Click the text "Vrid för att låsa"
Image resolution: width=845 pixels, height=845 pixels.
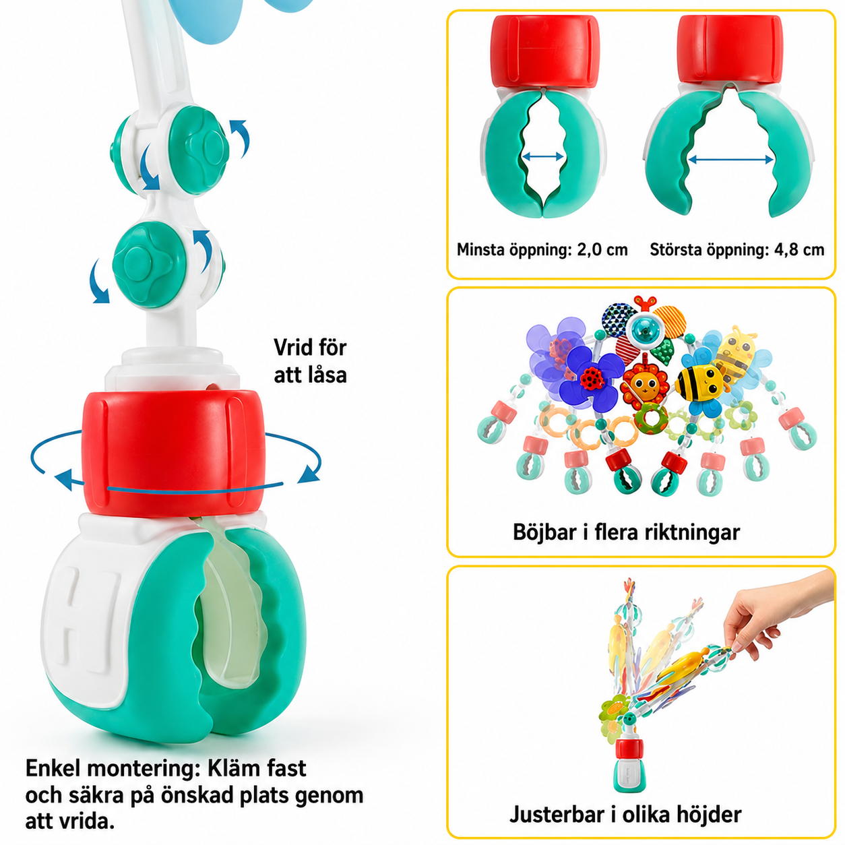[310, 361]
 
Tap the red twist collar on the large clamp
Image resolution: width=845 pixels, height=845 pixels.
[174, 453]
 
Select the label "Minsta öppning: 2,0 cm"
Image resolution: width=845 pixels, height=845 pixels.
[542, 250]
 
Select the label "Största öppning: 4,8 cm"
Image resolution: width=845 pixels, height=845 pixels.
[737, 250]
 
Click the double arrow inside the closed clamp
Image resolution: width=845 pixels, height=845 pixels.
[542, 156]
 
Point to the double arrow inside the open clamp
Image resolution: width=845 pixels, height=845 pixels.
[730, 160]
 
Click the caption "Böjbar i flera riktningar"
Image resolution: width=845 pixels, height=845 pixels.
[626, 532]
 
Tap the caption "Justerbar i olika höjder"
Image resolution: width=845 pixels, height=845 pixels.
[625, 815]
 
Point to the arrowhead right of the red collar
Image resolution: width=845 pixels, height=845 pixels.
[309, 472]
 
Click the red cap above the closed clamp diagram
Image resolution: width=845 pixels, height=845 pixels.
[544, 52]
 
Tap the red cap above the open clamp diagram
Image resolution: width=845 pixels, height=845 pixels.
[730, 49]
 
